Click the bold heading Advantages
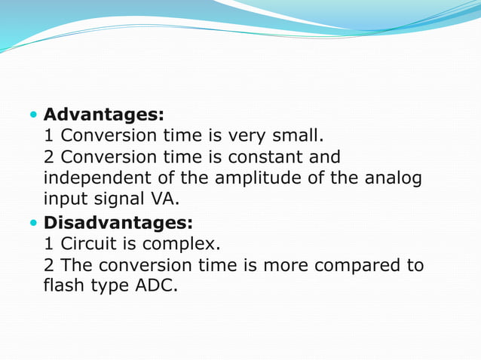point(104,115)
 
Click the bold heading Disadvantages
point(118,223)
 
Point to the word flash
point(62,287)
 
